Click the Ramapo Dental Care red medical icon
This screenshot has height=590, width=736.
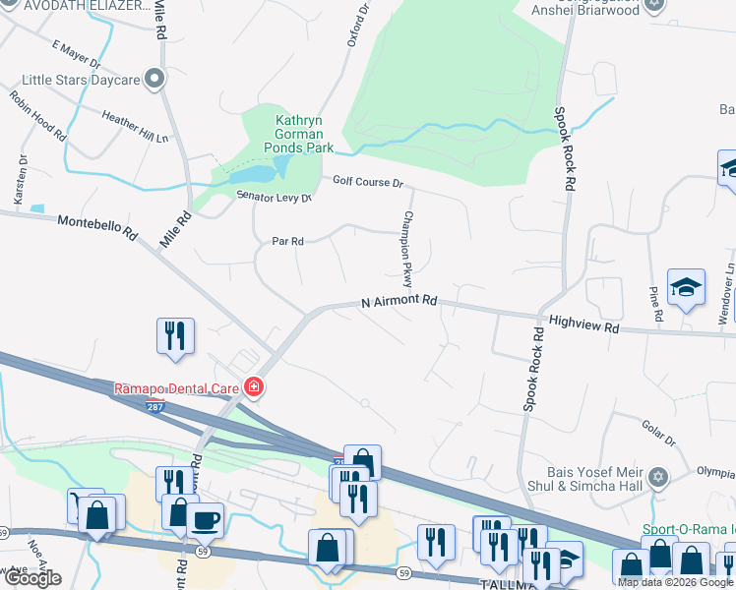point(254,387)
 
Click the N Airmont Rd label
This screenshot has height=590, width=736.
point(399,301)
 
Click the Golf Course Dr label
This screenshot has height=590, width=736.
point(368,182)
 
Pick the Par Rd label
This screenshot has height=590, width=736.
point(287,240)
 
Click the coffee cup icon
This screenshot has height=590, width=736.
point(205,520)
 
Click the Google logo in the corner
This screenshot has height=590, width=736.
point(32,578)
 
